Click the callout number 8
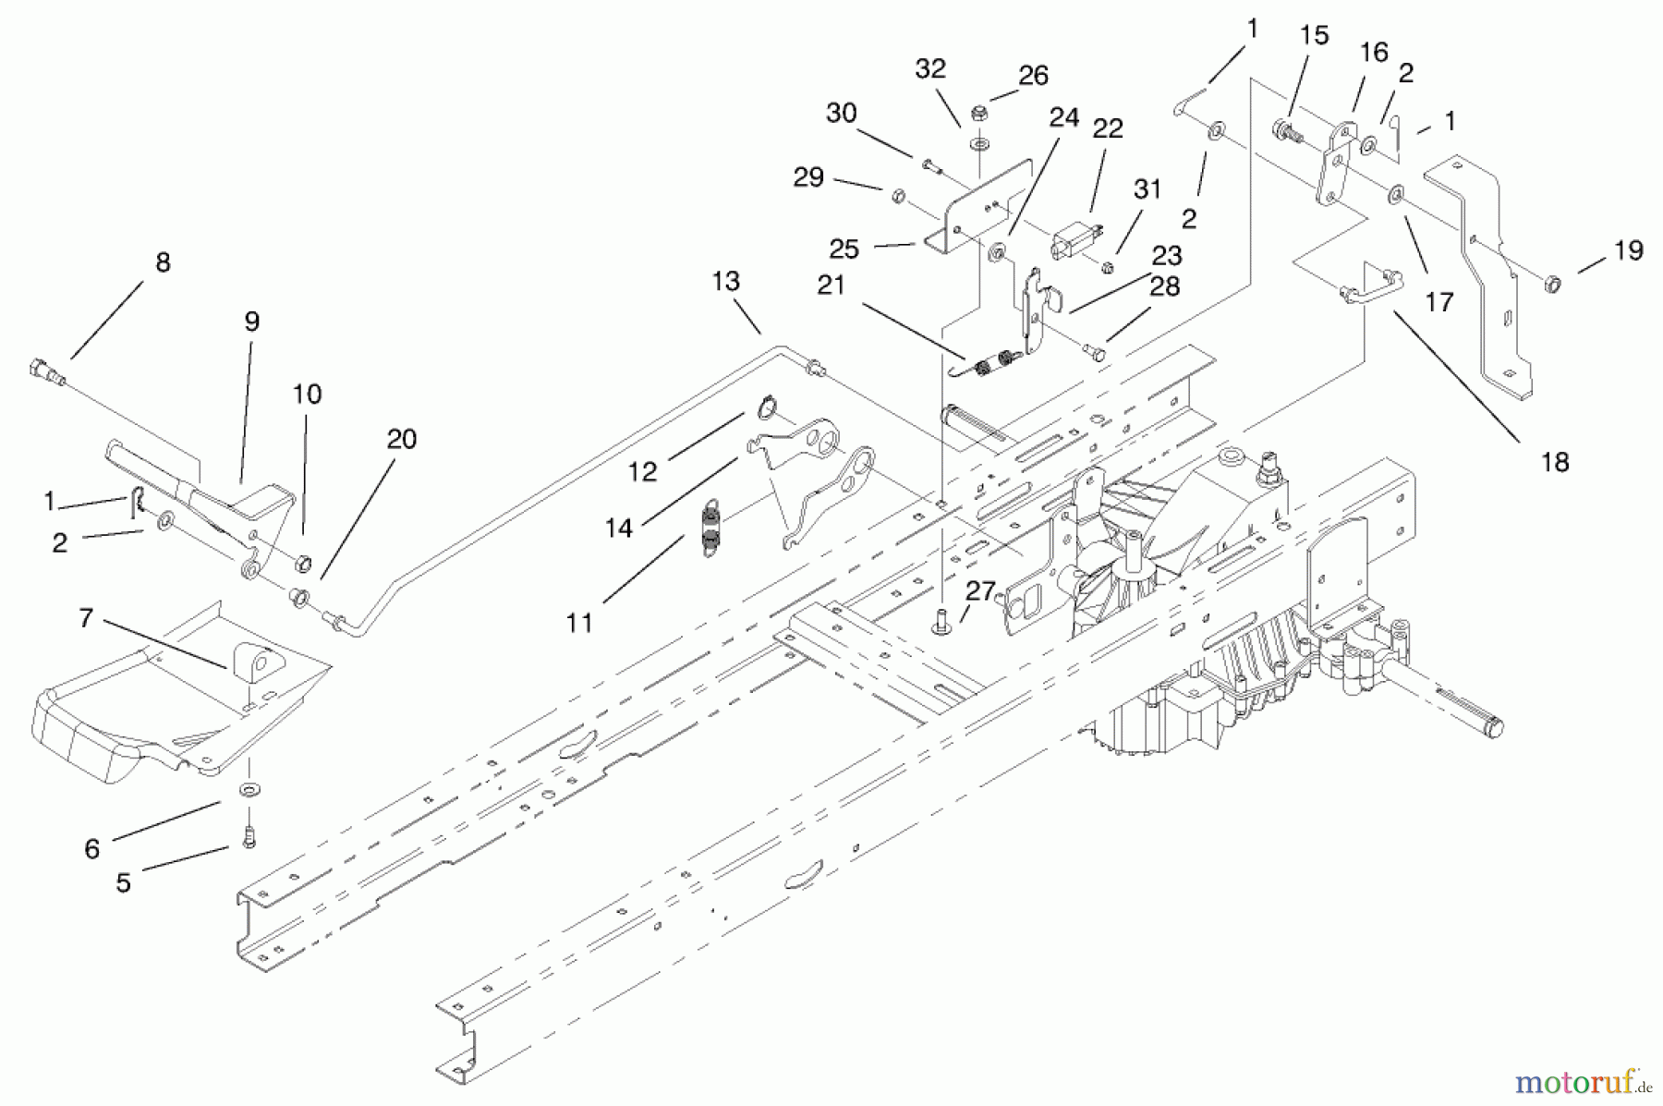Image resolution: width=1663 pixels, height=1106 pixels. [163, 263]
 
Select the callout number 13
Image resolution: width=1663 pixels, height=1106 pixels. [726, 282]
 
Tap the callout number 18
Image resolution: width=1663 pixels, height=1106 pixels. [1556, 462]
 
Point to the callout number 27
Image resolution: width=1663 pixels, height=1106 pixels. [981, 591]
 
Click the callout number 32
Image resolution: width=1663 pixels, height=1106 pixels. [931, 69]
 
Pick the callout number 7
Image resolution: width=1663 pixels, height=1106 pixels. [86, 618]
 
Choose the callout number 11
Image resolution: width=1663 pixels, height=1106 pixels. [579, 624]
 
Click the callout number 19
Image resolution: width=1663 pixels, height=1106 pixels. [1629, 250]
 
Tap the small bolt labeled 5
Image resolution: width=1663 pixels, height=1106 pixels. [248, 838]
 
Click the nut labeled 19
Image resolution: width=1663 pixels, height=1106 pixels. [1553, 283]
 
